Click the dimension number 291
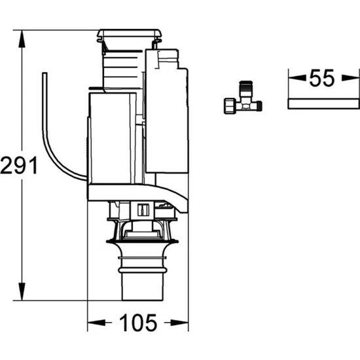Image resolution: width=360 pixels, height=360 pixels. tap(19, 165)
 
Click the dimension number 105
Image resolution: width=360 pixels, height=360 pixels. tap(138, 323)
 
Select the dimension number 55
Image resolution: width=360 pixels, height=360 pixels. tap(322, 78)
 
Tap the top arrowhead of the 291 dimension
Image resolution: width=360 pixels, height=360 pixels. tap(22, 39)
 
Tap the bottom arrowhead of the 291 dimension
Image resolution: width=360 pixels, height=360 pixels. tap(22, 291)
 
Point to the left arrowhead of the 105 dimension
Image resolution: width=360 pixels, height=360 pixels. tap(96, 323)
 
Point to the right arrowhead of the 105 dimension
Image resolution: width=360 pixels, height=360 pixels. tap(179, 323)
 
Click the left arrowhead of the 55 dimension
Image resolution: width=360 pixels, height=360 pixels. tap(297, 78)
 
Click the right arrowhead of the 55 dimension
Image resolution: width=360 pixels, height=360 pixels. tap(350, 78)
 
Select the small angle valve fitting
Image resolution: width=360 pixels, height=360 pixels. tap(243, 98)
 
